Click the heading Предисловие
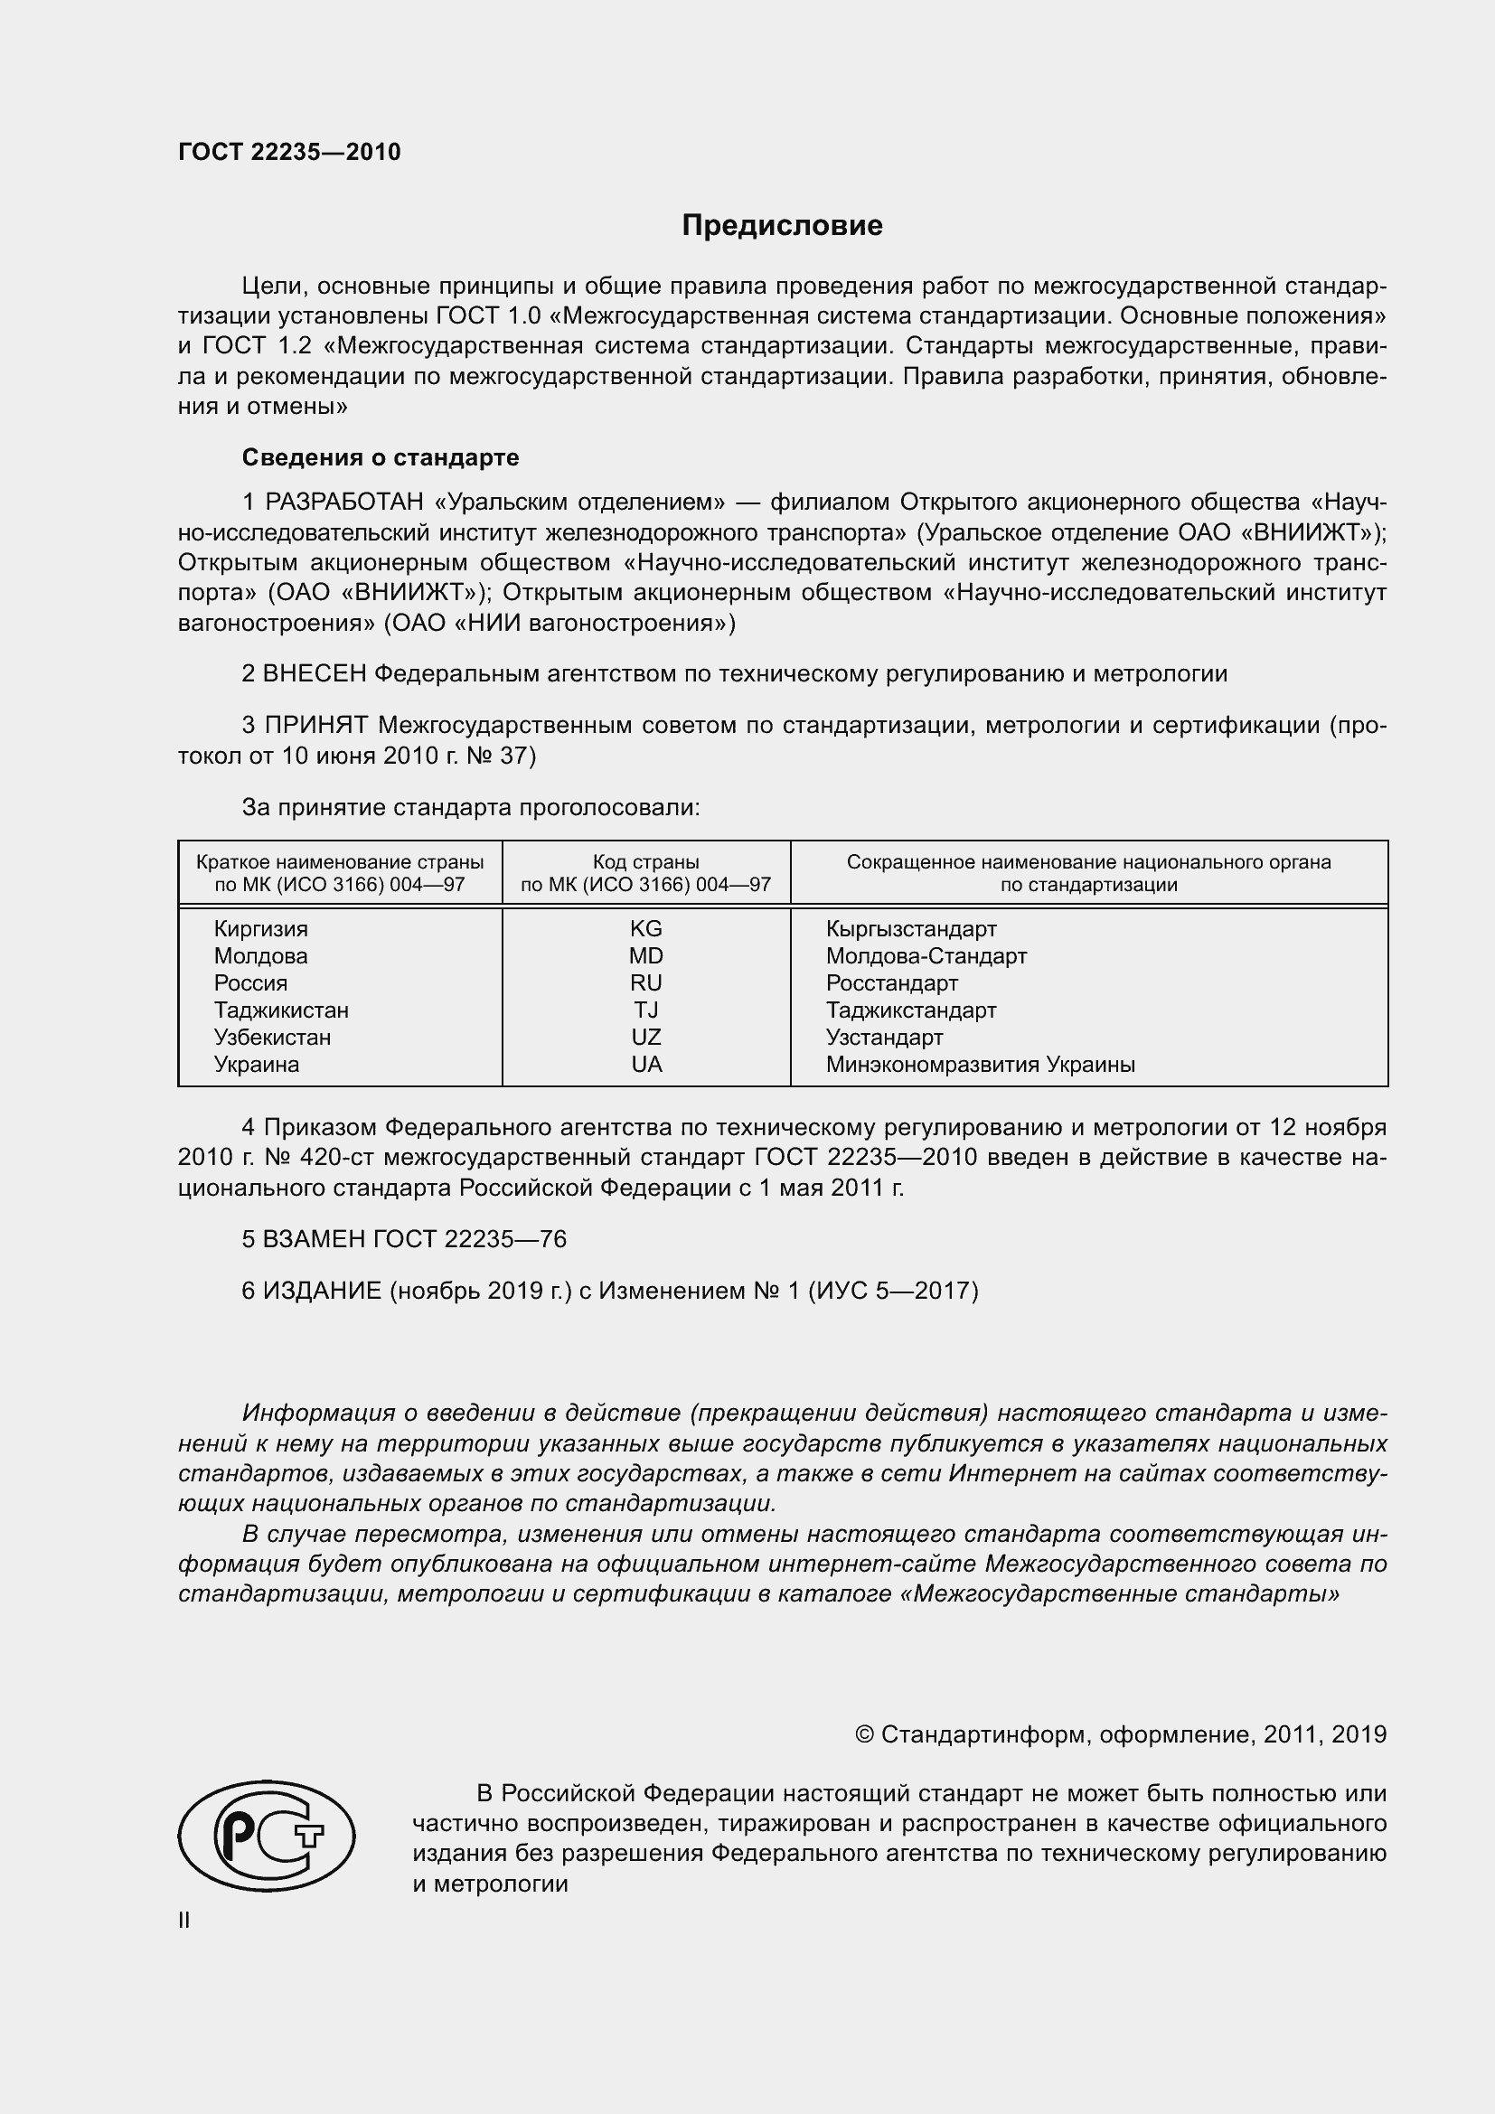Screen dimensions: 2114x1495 pyautogui.click(x=782, y=226)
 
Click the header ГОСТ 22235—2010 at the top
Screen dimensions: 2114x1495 pyautogui.click(x=289, y=153)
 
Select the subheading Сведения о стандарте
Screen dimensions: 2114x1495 pyautogui.click(x=381, y=457)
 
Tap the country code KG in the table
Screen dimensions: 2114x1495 pyautogui.click(x=645, y=929)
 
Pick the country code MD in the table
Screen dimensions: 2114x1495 pyautogui.click(x=645, y=955)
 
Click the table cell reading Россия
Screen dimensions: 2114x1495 pyautogui.click(x=250, y=983)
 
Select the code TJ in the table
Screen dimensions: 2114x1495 pyautogui.click(x=645, y=1010)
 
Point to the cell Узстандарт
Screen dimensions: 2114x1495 pyautogui.click(x=884, y=1038)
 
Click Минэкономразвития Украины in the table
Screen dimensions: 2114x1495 pyautogui.click(x=980, y=1065)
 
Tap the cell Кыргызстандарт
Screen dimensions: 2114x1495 pyautogui.click(x=910, y=929)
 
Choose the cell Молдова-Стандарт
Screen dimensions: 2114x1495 pyautogui.click(x=926, y=955)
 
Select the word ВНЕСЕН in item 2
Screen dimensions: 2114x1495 pyautogui.click(x=314, y=674)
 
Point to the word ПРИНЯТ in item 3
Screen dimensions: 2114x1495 pyautogui.click(x=315, y=726)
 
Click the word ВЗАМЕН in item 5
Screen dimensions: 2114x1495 pyautogui.click(x=314, y=1239)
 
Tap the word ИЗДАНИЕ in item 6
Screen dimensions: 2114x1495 pyautogui.click(x=321, y=1291)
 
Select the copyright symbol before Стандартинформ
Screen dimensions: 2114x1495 pyautogui.click(x=863, y=1734)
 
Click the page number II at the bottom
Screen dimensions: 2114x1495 pyautogui.click(x=184, y=1920)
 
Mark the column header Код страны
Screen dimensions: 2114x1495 pyautogui.click(x=645, y=863)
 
